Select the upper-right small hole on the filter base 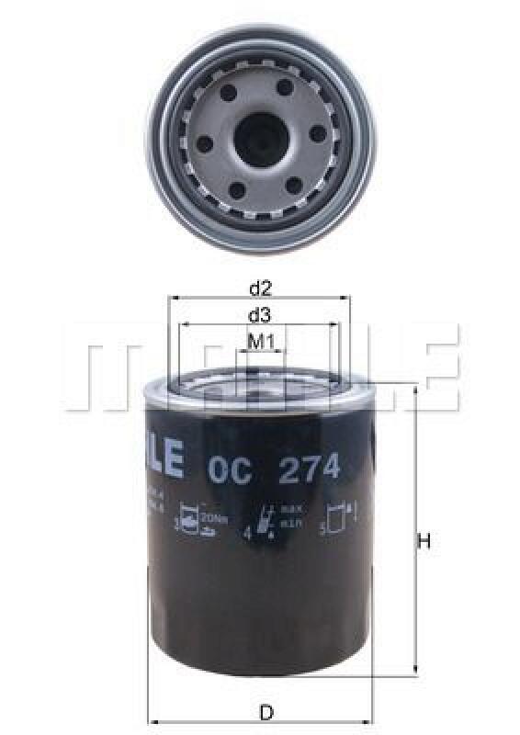(x=285, y=87)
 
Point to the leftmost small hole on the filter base (x=204, y=140)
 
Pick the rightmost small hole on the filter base (x=317, y=135)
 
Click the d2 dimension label (x=260, y=288)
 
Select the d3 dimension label (x=260, y=315)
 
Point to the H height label (x=424, y=542)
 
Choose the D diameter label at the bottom (x=266, y=713)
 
